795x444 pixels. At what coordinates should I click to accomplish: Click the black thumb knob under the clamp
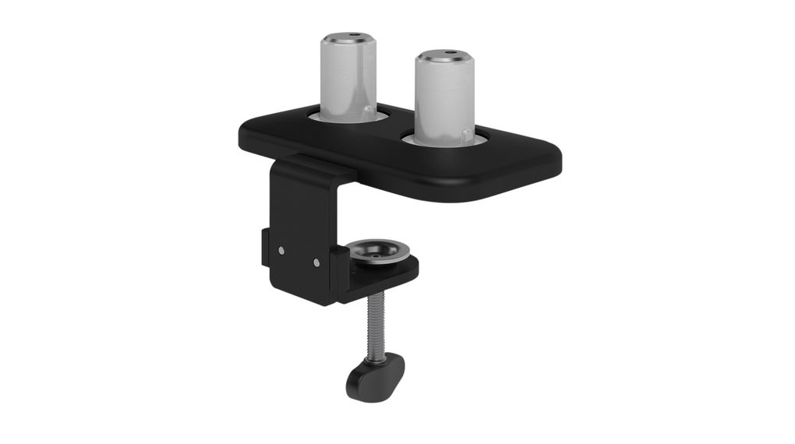pos(375,375)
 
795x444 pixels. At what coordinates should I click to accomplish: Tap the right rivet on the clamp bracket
pos(316,262)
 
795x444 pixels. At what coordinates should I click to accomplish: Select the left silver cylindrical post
pos(348,78)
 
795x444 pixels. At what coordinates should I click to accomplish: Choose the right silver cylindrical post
pos(443,101)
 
